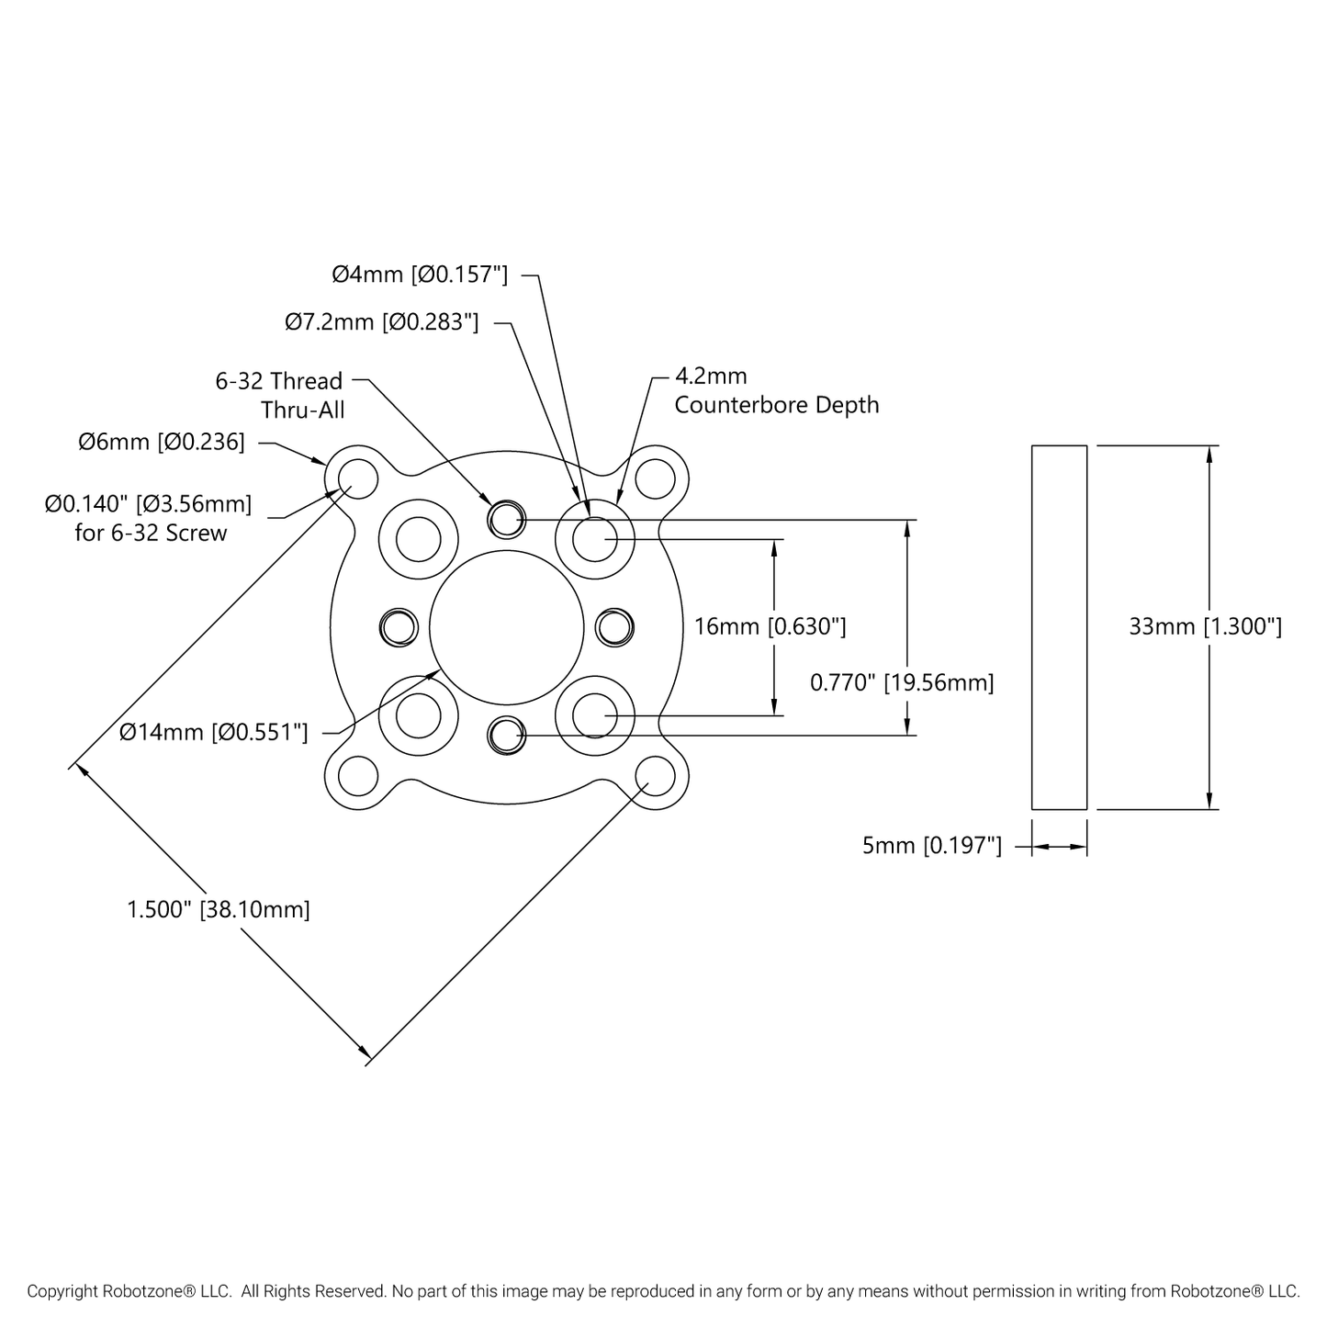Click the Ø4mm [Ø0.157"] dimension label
[420, 274]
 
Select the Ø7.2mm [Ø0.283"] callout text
[381, 322]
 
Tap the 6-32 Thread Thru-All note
[279, 395]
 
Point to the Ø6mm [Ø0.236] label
[162, 443]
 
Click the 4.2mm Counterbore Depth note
[776, 390]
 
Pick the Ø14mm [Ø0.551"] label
[214, 732]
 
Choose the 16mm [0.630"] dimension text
[770, 626]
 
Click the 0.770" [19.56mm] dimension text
[902, 682]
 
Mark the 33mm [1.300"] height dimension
[1205, 626]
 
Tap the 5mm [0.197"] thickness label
[931, 846]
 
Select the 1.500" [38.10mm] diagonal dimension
[219, 909]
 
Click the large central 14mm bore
[506, 627]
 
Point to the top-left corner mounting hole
[358, 478]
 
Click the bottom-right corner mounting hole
[655, 776]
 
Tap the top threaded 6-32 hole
[506, 520]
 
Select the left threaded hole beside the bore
[398, 627]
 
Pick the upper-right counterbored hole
[594, 539]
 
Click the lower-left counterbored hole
[419, 714]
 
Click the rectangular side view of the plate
[1059, 627]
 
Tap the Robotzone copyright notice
[663, 1291]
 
